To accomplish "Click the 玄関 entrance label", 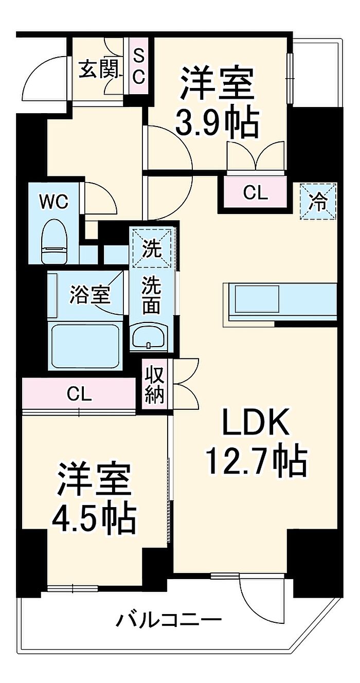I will [x=100, y=69].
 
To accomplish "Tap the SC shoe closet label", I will [x=139, y=67].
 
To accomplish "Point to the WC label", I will [x=55, y=202].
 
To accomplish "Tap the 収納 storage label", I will [x=154, y=385].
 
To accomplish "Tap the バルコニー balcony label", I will [x=169, y=620].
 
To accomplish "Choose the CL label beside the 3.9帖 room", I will [x=256, y=193].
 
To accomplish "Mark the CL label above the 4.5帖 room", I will [x=79, y=395].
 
